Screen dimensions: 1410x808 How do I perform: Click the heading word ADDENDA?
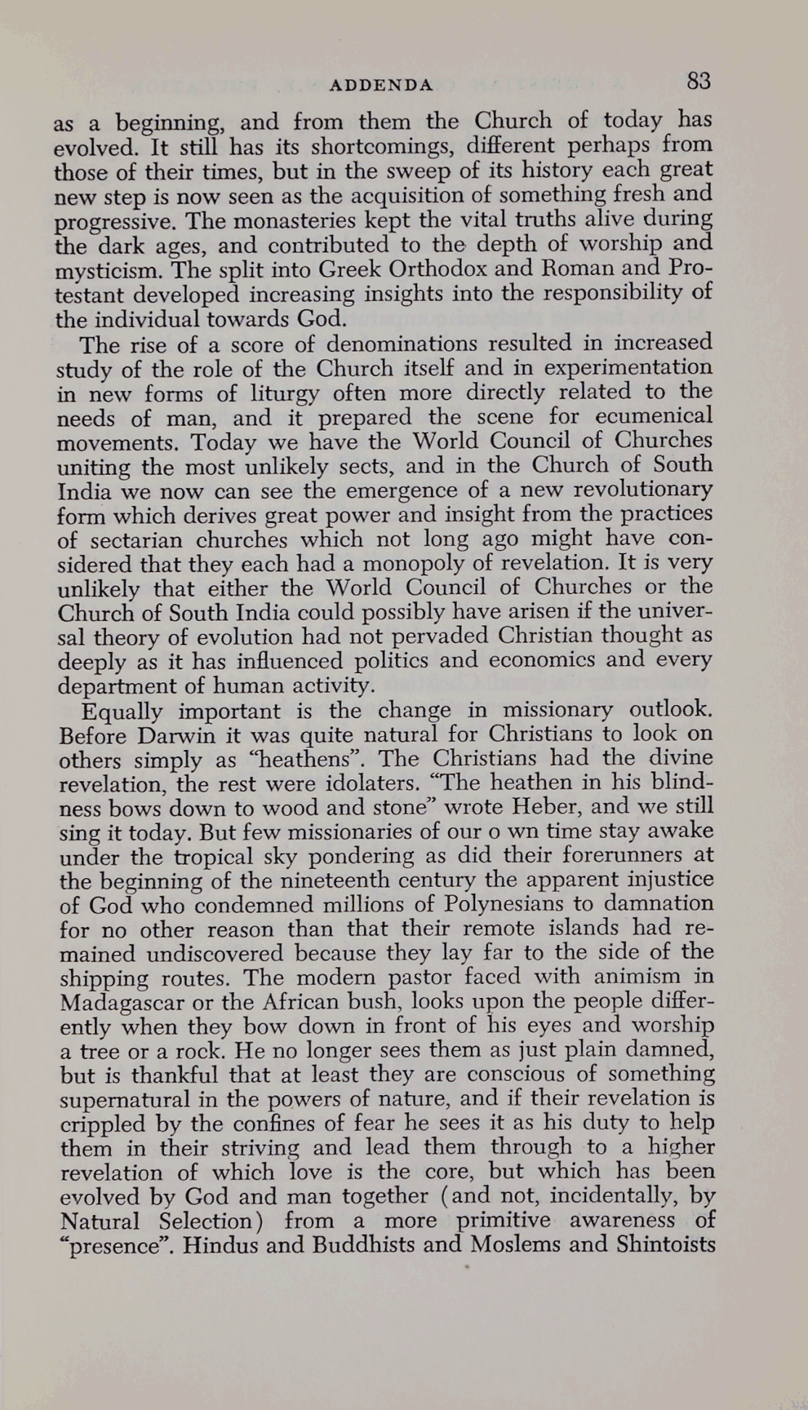point(381,85)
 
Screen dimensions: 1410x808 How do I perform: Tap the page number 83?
point(698,81)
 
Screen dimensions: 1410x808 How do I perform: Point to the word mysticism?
point(103,271)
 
